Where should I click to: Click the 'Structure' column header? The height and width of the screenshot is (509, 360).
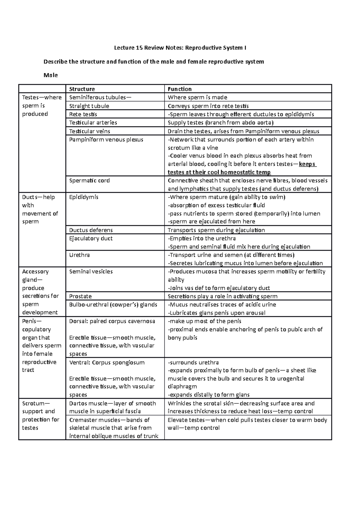tap(82, 89)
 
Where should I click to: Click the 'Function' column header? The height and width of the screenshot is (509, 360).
tap(179, 89)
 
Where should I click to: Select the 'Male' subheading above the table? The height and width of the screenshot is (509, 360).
tap(50, 75)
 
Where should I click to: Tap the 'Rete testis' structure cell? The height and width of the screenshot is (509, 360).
tap(83, 114)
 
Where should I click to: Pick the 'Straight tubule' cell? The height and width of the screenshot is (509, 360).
tap(89, 106)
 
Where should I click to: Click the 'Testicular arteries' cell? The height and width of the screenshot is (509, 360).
tap(93, 123)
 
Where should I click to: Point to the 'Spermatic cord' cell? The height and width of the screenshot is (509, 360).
tap(89, 180)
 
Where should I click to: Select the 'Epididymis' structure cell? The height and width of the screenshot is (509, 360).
tap(84, 197)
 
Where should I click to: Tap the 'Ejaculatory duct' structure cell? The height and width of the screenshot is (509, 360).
tap(91, 239)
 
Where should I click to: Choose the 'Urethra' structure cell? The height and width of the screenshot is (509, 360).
tap(79, 255)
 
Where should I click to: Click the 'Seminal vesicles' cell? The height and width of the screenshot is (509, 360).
tap(91, 272)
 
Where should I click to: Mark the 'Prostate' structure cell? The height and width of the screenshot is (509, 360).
tap(80, 296)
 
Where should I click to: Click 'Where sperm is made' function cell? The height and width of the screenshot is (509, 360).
tap(197, 97)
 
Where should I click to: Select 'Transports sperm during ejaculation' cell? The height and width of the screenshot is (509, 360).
tap(216, 230)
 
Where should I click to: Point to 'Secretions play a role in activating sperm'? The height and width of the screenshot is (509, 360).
tap(222, 296)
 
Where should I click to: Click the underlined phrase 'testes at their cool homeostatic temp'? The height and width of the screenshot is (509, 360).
tap(219, 172)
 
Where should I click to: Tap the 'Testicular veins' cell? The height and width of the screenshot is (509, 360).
tap(89, 131)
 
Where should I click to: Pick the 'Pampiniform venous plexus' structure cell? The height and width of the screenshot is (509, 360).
tap(106, 140)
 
